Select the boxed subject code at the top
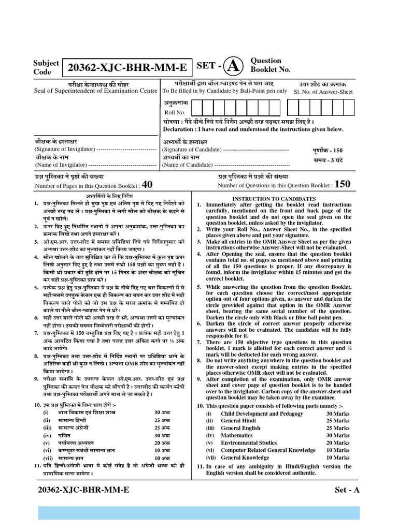point(126,68)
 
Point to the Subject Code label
point(46,67)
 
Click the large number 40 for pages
point(147,185)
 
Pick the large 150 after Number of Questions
point(343,184)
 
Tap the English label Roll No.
point(174,112)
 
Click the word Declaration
point(179,129)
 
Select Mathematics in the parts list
point(237,435)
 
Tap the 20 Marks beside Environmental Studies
point(337,443)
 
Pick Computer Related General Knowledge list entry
point(268,450)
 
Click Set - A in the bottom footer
point(347,490)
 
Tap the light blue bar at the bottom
point(198,513)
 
